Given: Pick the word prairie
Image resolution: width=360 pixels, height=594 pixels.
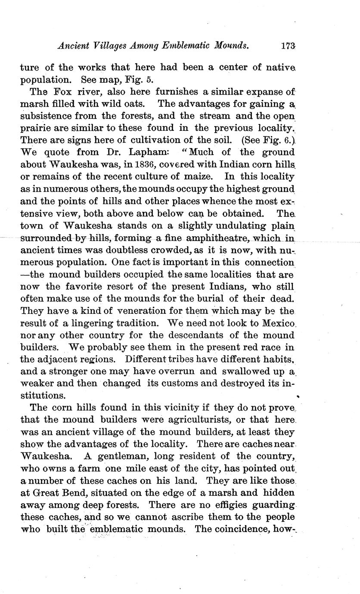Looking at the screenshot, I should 35,129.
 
